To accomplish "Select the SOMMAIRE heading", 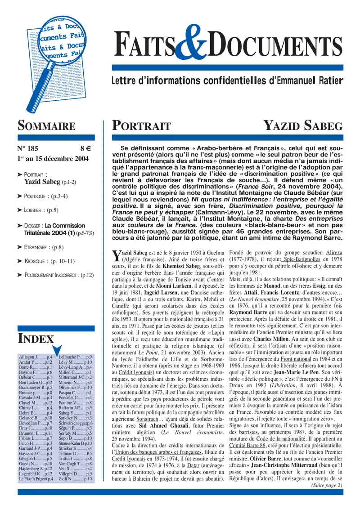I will click(x=46, y=126).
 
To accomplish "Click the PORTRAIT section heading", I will click(x=141, y=126).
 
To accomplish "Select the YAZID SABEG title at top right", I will click(x=303, y=126).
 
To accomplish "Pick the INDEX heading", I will click(x=36, y=339).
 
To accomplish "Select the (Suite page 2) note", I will click(x=326, y=485).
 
